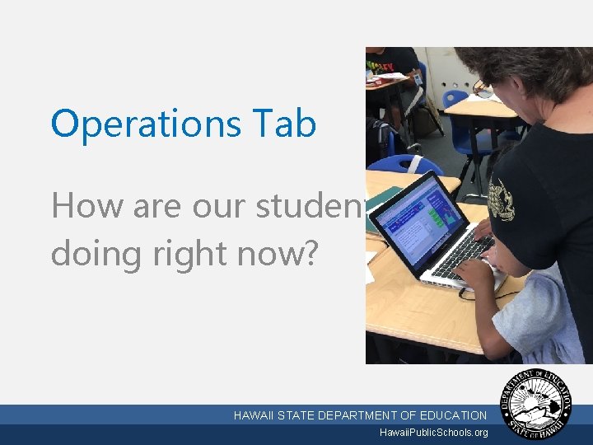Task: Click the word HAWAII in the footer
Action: click(x=254, y=415)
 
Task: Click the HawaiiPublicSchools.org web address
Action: click(x=433, y=433)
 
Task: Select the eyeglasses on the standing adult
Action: click(x=484, y=89)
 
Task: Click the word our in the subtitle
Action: click(x=222, y=205)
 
